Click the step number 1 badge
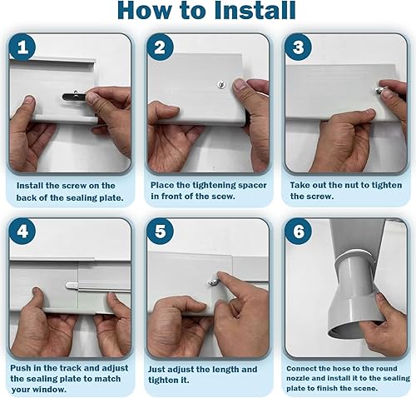point(22,47)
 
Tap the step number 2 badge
point(160,47)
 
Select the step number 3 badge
point(298,47)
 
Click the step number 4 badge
point(22,231)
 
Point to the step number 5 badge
point(160,231)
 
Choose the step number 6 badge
point(298,231)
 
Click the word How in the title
point(146,11)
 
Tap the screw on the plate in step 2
point(221,85)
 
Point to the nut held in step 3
point(378,89)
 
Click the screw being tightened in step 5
point(213,282)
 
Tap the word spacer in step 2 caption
point(250,186)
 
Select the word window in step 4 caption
point(49,389)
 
